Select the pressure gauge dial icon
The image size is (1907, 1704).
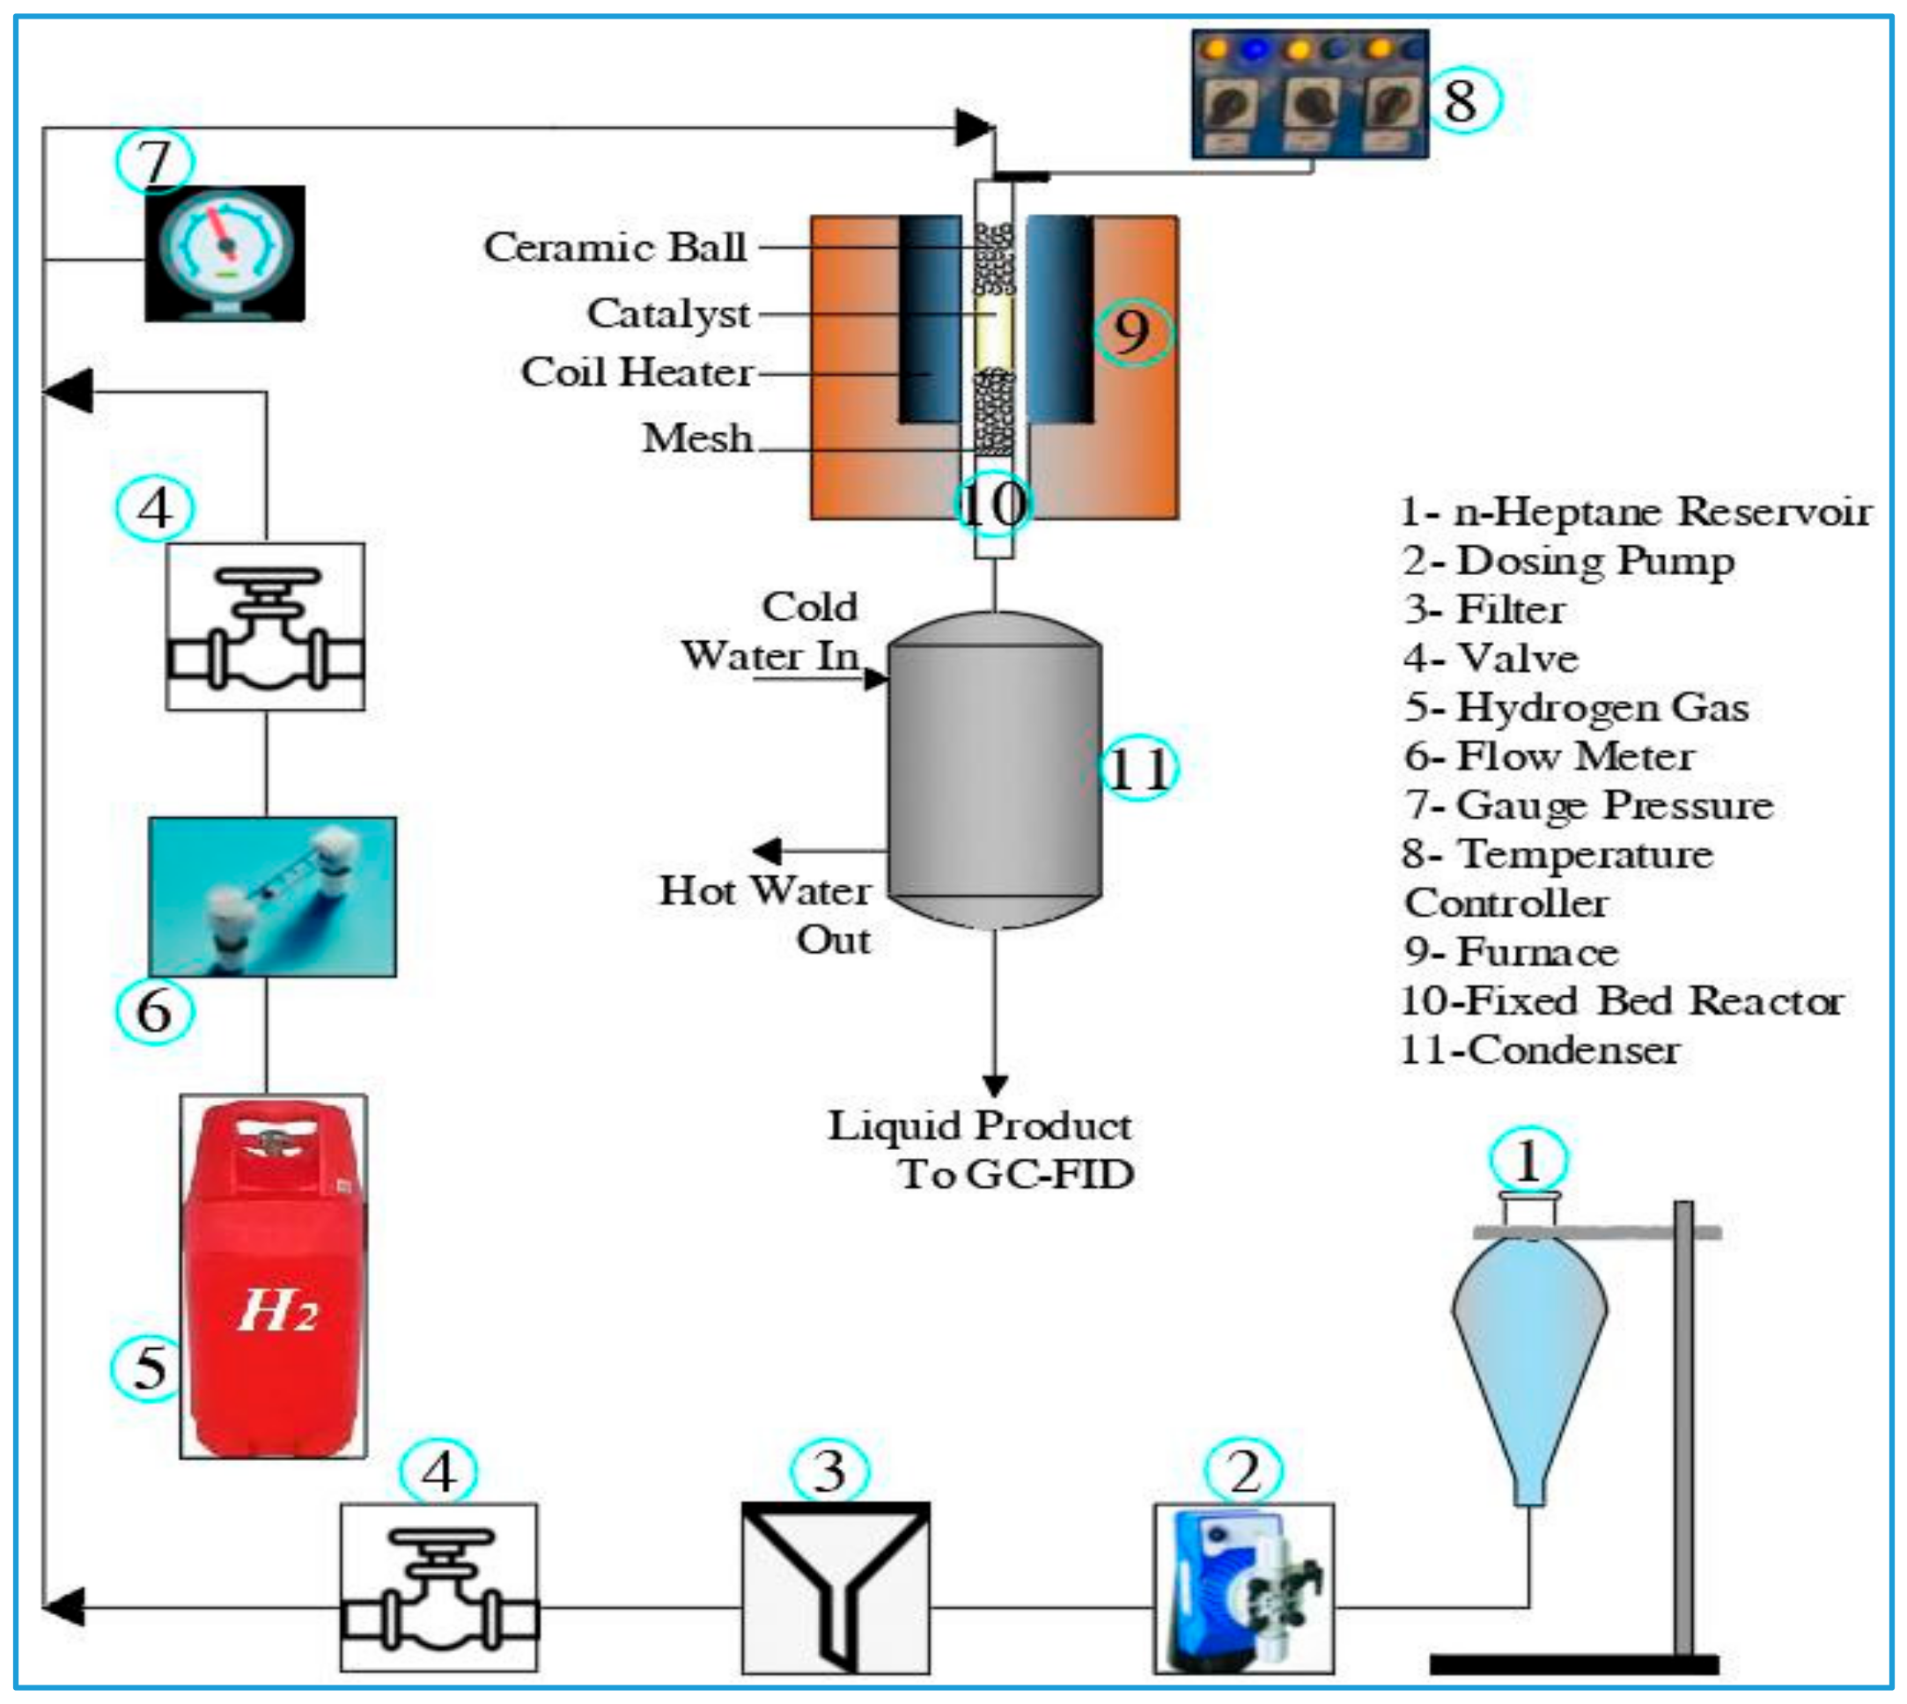point(225,253)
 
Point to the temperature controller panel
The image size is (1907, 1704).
point(1309,94)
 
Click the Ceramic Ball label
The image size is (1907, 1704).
point(615,247)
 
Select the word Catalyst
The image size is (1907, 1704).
point(668,314)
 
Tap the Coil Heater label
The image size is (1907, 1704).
point(637,373)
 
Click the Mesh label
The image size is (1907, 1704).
point(697,439)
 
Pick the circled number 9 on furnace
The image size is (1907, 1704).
point(1133,332)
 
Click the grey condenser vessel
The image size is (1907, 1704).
point(994,770)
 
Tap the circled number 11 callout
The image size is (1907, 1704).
point(1138,770)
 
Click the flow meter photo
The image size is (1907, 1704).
point(272,896)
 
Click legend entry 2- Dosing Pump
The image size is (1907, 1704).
point(1569,561)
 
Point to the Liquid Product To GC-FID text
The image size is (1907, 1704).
point(981,1150)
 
